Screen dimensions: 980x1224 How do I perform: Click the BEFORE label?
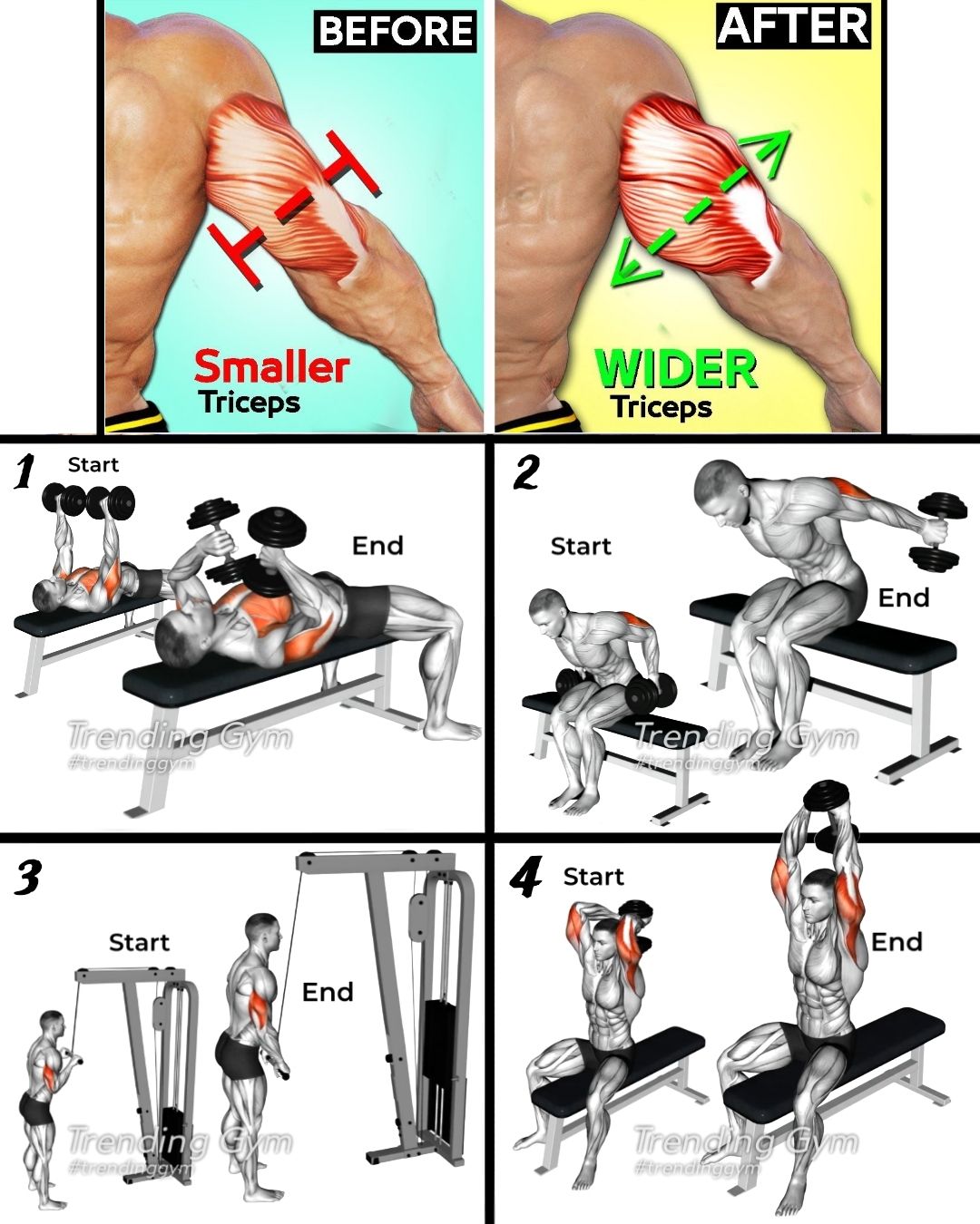(x=396, y=32)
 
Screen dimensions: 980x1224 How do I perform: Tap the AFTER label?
(x=794, y=26)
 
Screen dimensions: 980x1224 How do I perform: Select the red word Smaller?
(x=271, y=367)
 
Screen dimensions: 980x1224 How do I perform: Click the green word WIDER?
(x=676, y=369)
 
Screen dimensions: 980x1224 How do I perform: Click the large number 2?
(x=525, y=473)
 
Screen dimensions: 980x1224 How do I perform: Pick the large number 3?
(x=26, y=877)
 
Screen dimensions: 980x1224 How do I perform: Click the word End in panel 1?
(x=377, y=546)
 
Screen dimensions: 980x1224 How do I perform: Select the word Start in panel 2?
(x=581, y=547)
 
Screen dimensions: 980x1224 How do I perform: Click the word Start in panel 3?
(x=139, y=942)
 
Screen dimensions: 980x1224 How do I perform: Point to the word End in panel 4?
(x=897, y=942)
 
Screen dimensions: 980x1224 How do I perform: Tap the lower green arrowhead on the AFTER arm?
(x=629, y=265)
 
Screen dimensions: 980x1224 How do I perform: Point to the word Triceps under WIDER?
(x=661, y=407)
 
